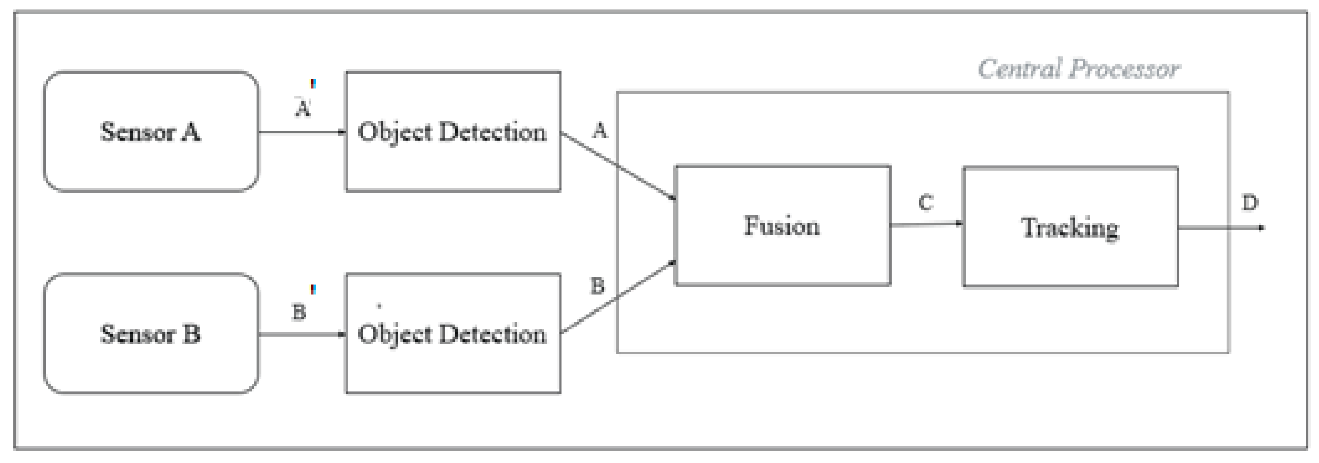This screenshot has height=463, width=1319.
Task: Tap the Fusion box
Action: [783, 225]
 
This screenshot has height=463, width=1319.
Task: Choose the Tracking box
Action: [1071, 227]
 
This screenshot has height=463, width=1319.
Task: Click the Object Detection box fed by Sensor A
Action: [453, 132]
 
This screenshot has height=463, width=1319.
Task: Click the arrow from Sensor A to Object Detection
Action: [302, 132]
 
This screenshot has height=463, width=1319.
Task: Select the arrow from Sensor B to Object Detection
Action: [302, 334]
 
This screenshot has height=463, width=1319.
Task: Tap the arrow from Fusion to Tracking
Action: [926, 224]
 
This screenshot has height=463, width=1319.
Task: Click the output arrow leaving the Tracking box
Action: [1221, 228]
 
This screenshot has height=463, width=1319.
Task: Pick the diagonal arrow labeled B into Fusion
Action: [619, 298]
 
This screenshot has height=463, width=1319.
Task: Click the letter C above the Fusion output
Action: [926, 203]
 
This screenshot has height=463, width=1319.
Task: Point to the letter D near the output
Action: [1250, 203]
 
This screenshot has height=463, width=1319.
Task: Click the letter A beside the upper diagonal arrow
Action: [600, 131]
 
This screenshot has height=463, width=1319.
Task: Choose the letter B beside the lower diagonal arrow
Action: [598, 286]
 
